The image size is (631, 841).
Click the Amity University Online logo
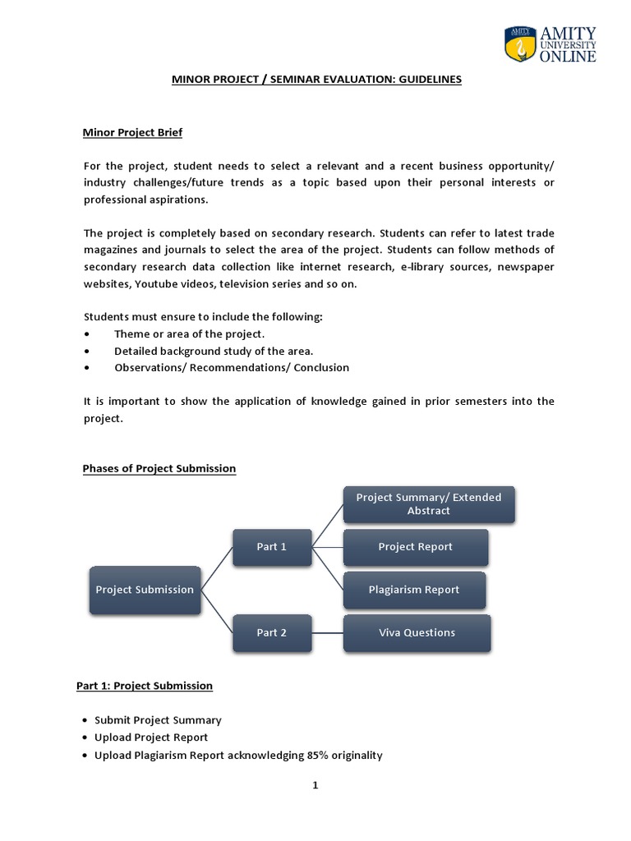[x=550, y=43]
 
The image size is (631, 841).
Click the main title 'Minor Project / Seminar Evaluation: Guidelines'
[x=316, y=80]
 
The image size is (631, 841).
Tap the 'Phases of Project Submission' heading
[x=159, y=468]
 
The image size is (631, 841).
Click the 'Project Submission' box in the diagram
[x=145, y=590]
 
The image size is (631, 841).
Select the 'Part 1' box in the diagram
[x=271, y=547]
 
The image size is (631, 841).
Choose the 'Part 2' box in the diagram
[x=271, y=632]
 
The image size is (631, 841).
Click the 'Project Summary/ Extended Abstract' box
[x=428, y=503]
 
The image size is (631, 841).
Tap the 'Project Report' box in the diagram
[x=415, y=547]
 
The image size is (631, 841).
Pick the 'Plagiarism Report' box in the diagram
[x=413, y=590]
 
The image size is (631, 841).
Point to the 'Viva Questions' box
[x=417, y=632]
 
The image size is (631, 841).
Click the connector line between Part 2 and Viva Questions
[x=326, y=632]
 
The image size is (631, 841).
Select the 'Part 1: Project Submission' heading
[x=148, y=685]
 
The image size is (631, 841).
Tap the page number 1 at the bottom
[x=315, y=785]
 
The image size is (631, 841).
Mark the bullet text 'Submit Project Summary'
[x=158, y=719]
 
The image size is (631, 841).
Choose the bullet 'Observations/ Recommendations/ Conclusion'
[x=232, y=367]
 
